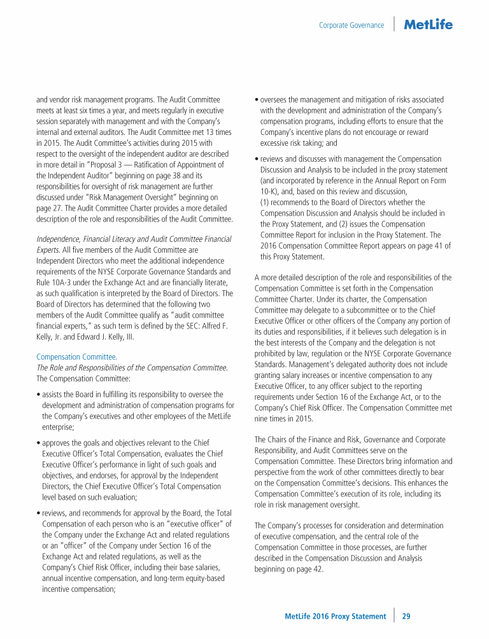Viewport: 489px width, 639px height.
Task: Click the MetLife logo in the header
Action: pyautogui.click(x=429, y=25)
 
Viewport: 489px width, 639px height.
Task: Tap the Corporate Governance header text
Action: pyautogui.click(x=351, y=25)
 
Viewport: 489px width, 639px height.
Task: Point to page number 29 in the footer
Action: pyautogui.click(x=406, y=616)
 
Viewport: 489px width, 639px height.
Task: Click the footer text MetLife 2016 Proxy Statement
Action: pyautogui.click(x=335, y=616)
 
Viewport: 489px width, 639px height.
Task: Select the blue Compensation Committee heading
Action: pyautogui.click(x=77, y=357)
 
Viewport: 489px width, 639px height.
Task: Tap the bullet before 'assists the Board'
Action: pyautogui.click(x=38, y=395)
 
